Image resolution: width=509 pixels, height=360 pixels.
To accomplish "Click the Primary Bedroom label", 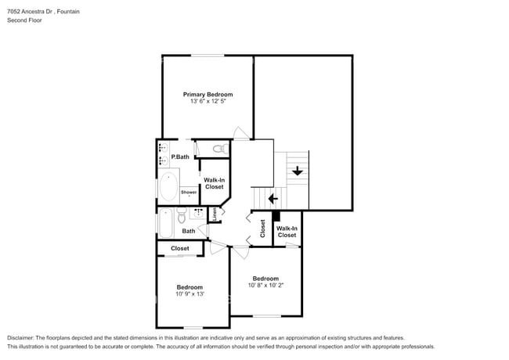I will tap(208, 94).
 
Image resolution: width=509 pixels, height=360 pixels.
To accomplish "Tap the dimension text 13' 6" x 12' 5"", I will tap(208, 102).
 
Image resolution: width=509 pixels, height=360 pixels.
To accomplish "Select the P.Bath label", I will tap(180, 157).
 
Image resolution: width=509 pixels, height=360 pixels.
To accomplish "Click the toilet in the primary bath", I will tap(220, 148).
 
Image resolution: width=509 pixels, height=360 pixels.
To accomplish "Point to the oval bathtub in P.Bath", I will tap(168, 187).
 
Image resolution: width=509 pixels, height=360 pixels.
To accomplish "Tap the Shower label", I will tap(189, 192).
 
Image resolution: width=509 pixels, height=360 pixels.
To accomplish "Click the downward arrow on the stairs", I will tap(298, 171).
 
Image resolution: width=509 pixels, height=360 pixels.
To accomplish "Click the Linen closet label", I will tap(214, 214).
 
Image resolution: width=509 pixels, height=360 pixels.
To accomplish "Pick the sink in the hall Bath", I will tap(198, 212).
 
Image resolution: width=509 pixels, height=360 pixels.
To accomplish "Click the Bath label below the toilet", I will tap(189, 231).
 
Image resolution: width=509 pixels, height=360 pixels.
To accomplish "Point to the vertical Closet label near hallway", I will tap(263, 228).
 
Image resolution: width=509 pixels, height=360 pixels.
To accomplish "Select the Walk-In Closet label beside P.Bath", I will tap(214, 183).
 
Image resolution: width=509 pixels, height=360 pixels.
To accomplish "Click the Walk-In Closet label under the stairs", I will tap(287, 232).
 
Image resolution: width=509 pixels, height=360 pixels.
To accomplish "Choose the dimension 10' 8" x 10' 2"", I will tap(265, 286).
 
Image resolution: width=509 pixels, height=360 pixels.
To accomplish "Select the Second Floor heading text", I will tap(24, 20).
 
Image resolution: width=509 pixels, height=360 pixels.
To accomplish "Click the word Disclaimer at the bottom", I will tap(24, 337).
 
